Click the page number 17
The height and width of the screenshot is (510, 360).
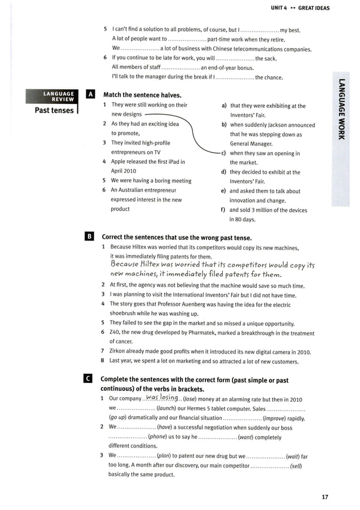pos(324,497)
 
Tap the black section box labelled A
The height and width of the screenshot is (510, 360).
pos(90,95)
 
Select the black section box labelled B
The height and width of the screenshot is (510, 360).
pos(90,237)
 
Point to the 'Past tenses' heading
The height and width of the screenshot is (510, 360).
pos(54,110)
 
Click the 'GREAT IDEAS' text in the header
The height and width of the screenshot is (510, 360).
pos(314,8)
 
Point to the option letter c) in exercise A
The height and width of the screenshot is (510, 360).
pos(224,153)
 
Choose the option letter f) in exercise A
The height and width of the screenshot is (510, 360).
pos(224,210)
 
